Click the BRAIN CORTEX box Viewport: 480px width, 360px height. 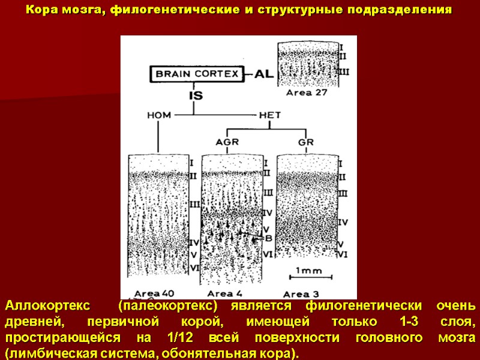pyautogui.click(x=197, y=74)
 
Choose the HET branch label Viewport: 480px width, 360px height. pyautogui.click(x=269, y=116)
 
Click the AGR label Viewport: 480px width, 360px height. pyautogui.click(x=227, y=142)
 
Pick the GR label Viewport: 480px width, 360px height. pyautogui.click(x=305, y=142)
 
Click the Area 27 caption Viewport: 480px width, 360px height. pyautogui.click(x=306, y=92)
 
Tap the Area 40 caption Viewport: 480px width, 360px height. pyautogui.click(x=154, y=293)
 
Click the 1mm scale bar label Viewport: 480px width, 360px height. pyautogui.click(x=308, y=271)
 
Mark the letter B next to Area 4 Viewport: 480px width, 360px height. pyautogui.click(x=268, y=238)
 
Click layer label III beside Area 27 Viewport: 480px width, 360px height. pyautogui.click(x=344, y=71)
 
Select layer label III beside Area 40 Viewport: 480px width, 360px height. pyautogui.click(x=194, y=205)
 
